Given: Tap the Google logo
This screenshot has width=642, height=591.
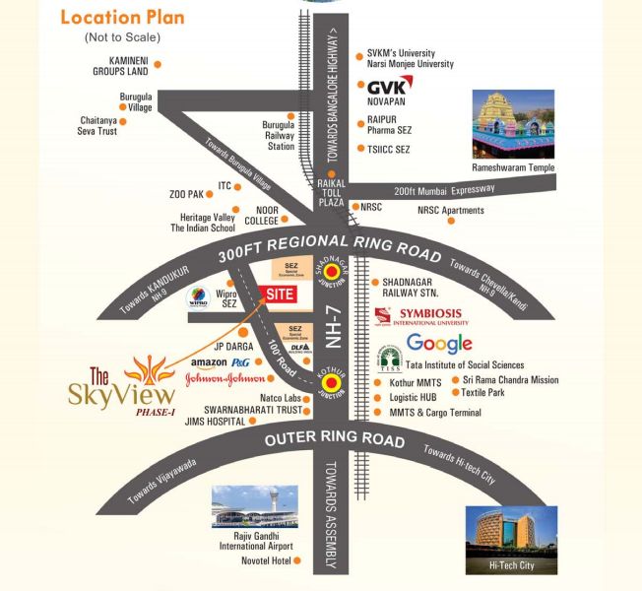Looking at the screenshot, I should coord(439,344).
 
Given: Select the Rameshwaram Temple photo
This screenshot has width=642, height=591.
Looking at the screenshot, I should coord(513,125).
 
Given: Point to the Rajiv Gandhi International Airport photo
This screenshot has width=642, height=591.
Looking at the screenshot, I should coord(254,506).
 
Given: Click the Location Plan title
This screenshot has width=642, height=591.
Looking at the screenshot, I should coord(122,18).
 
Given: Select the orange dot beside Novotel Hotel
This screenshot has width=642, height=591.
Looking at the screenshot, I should coord(297,561).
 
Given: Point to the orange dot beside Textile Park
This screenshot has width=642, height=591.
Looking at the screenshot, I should coord(453,393).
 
